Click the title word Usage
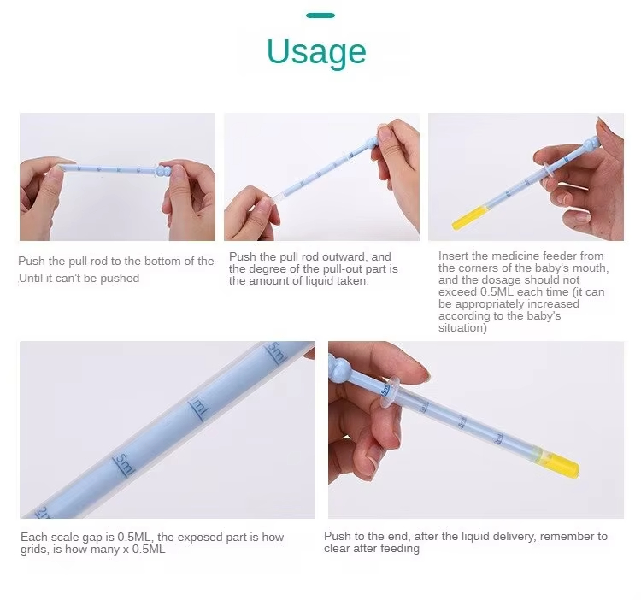[316, 52]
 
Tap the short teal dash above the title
[320, 15]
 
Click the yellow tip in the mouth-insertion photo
[470, 219]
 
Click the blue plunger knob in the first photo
[162, 171]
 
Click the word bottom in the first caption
[158, 261]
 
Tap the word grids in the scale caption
[36, 549]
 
